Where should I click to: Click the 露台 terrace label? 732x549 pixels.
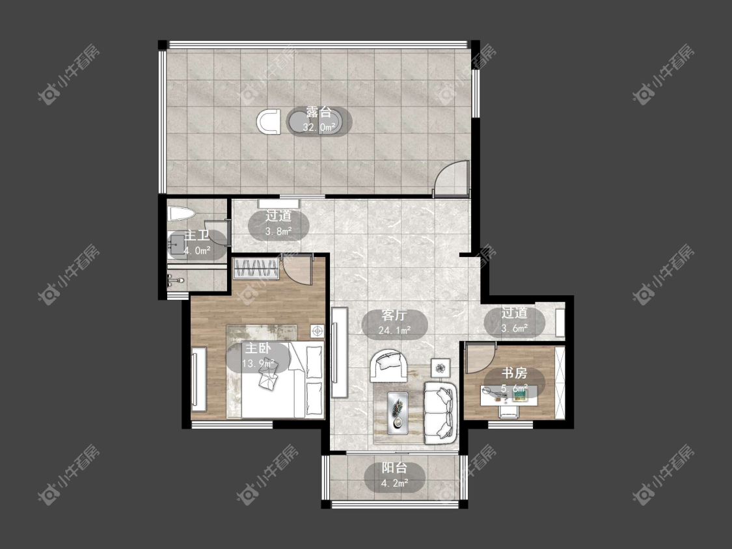319,113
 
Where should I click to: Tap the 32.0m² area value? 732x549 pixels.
319,127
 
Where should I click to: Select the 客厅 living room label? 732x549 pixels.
394,315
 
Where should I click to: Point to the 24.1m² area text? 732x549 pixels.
394,330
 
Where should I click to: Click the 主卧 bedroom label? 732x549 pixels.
258,348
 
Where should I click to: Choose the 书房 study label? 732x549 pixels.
515,373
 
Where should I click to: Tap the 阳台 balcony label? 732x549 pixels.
394,468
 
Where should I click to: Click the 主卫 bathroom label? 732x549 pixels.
197,235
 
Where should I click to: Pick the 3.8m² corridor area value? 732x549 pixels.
278,231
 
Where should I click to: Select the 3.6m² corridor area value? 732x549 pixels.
515,328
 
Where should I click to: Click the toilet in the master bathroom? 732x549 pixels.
181,214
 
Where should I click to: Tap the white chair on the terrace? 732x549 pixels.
269,122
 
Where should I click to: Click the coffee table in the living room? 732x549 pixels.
398,410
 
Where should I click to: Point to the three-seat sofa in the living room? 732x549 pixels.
440,412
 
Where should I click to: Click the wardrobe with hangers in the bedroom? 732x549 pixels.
256,269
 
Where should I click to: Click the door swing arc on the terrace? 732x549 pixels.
450,176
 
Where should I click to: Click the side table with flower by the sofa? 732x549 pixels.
441,368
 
